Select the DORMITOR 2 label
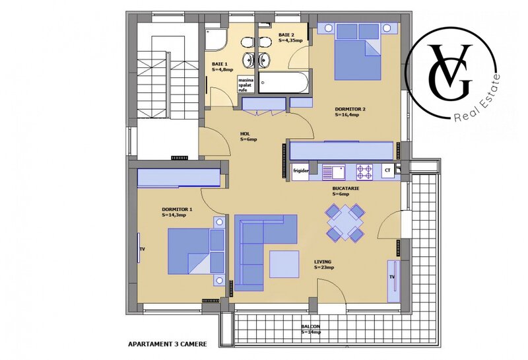[x=346, y=111]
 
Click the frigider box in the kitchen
[x=302, y=171]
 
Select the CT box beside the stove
[x=388, y=171]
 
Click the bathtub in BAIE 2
[x=282, y=84]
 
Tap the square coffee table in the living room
[x=284, y=263]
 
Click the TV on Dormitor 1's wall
[x=141, y=249]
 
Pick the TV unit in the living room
[x=393, y=277]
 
